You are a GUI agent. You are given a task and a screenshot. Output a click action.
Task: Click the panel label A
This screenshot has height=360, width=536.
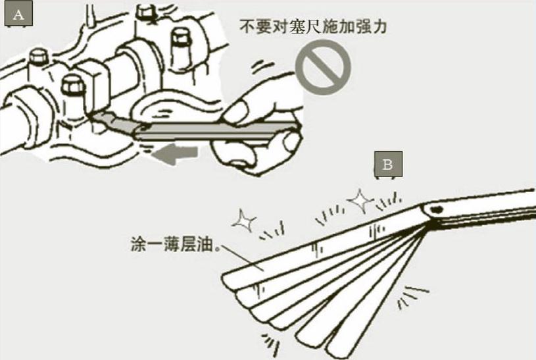pyautogui.click(x=18, y=15)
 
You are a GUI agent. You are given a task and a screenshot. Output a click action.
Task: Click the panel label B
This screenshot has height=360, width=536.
pyautogui.click(x=387, y=165)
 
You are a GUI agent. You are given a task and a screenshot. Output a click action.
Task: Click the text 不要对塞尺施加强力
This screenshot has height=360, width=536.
pyautogui.click(x=312, y=28)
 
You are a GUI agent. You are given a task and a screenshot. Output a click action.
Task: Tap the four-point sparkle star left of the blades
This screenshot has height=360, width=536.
pyautogui.click(x=244, y=222)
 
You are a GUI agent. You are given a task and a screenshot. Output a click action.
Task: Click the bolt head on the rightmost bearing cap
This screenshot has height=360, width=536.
pyautogui.click(x=179, y=39)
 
